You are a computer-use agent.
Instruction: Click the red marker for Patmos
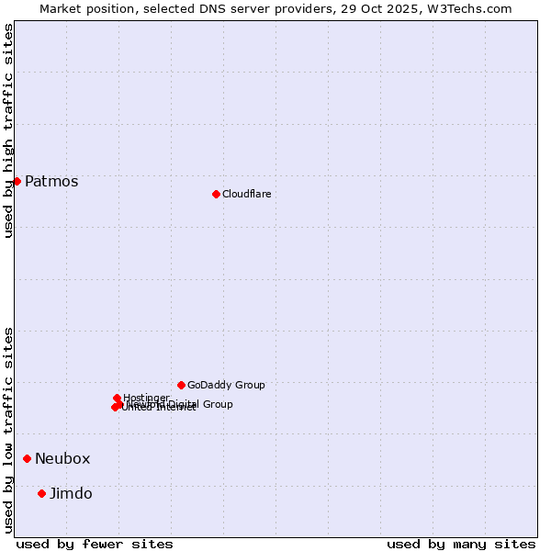coord(17,181)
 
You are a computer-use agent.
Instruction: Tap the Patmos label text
coord(51,181)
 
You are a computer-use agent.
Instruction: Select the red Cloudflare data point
coord(216,194)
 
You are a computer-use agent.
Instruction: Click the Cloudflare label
coord(246,194)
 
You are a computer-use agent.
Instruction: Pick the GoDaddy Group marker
coord(181,385)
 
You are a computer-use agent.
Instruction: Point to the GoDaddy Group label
coord(226,385)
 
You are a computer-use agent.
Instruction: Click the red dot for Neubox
coord(28,458)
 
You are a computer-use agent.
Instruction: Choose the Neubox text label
coord(62,458)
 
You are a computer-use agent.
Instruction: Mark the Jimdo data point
coord(41,493)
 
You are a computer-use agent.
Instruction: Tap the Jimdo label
coord(71,493)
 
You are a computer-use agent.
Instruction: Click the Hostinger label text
coord(146,398)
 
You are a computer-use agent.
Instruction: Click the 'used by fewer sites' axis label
coord(95,544)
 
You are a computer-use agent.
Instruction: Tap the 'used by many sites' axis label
coord(461,544)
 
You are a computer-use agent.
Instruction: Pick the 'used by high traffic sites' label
coord(8,131)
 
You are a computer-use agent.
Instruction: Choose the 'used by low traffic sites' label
coord(8,430)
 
